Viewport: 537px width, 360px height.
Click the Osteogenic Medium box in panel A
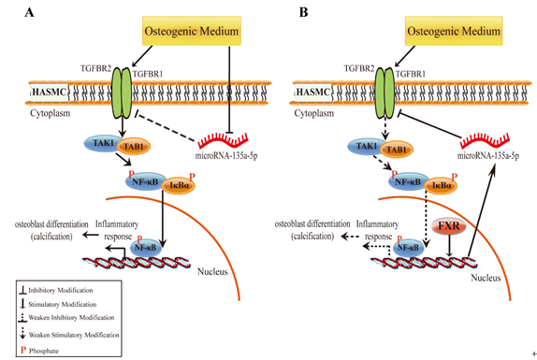pyautogui.click(x=192, y=31)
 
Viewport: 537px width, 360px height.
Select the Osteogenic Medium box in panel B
pyautogui.click(x=454, y=31)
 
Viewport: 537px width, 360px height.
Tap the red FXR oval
pyautogui.click(x=449, y=226)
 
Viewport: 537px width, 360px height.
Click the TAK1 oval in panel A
pyautogui.click(x=102, y=143)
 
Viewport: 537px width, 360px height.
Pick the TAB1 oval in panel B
pyautogui.click(x=397, y=150)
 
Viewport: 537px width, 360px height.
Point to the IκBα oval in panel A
pyautogui.click(x=179, y=186)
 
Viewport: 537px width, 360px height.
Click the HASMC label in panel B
pyautogui.click(x=312, y=92)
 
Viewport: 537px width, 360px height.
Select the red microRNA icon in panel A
pyautogui.click(x=224, y=140)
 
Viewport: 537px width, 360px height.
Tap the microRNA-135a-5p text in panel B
pyautogui.click(x=488, y=156)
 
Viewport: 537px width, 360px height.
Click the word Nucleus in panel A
pyautogui.click(x=212, y=272)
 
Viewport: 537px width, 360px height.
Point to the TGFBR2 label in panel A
pyautogui.click(x=95, y=68)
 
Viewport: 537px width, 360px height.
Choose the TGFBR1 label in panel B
pyautogui.click(x=411, y=74)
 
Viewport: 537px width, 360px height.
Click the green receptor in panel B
pyautogui.click(x=385, y=93)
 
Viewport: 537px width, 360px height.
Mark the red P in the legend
pyautogui.click(x=23, y=350)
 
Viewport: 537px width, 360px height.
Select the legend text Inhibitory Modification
pyautogui.click(x=61, y=290)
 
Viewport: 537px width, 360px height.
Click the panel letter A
pyautogui.click(x=29, y=12)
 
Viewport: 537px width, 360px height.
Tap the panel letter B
pyautogui.click(x=303, y=12)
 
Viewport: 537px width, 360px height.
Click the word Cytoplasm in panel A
pyautogui.click(x=50, y=113)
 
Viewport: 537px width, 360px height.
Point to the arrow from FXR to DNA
pyautogui.click(x=449, y=246)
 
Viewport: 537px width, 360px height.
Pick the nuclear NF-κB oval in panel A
pyautogui.click(x=145, y=247)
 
